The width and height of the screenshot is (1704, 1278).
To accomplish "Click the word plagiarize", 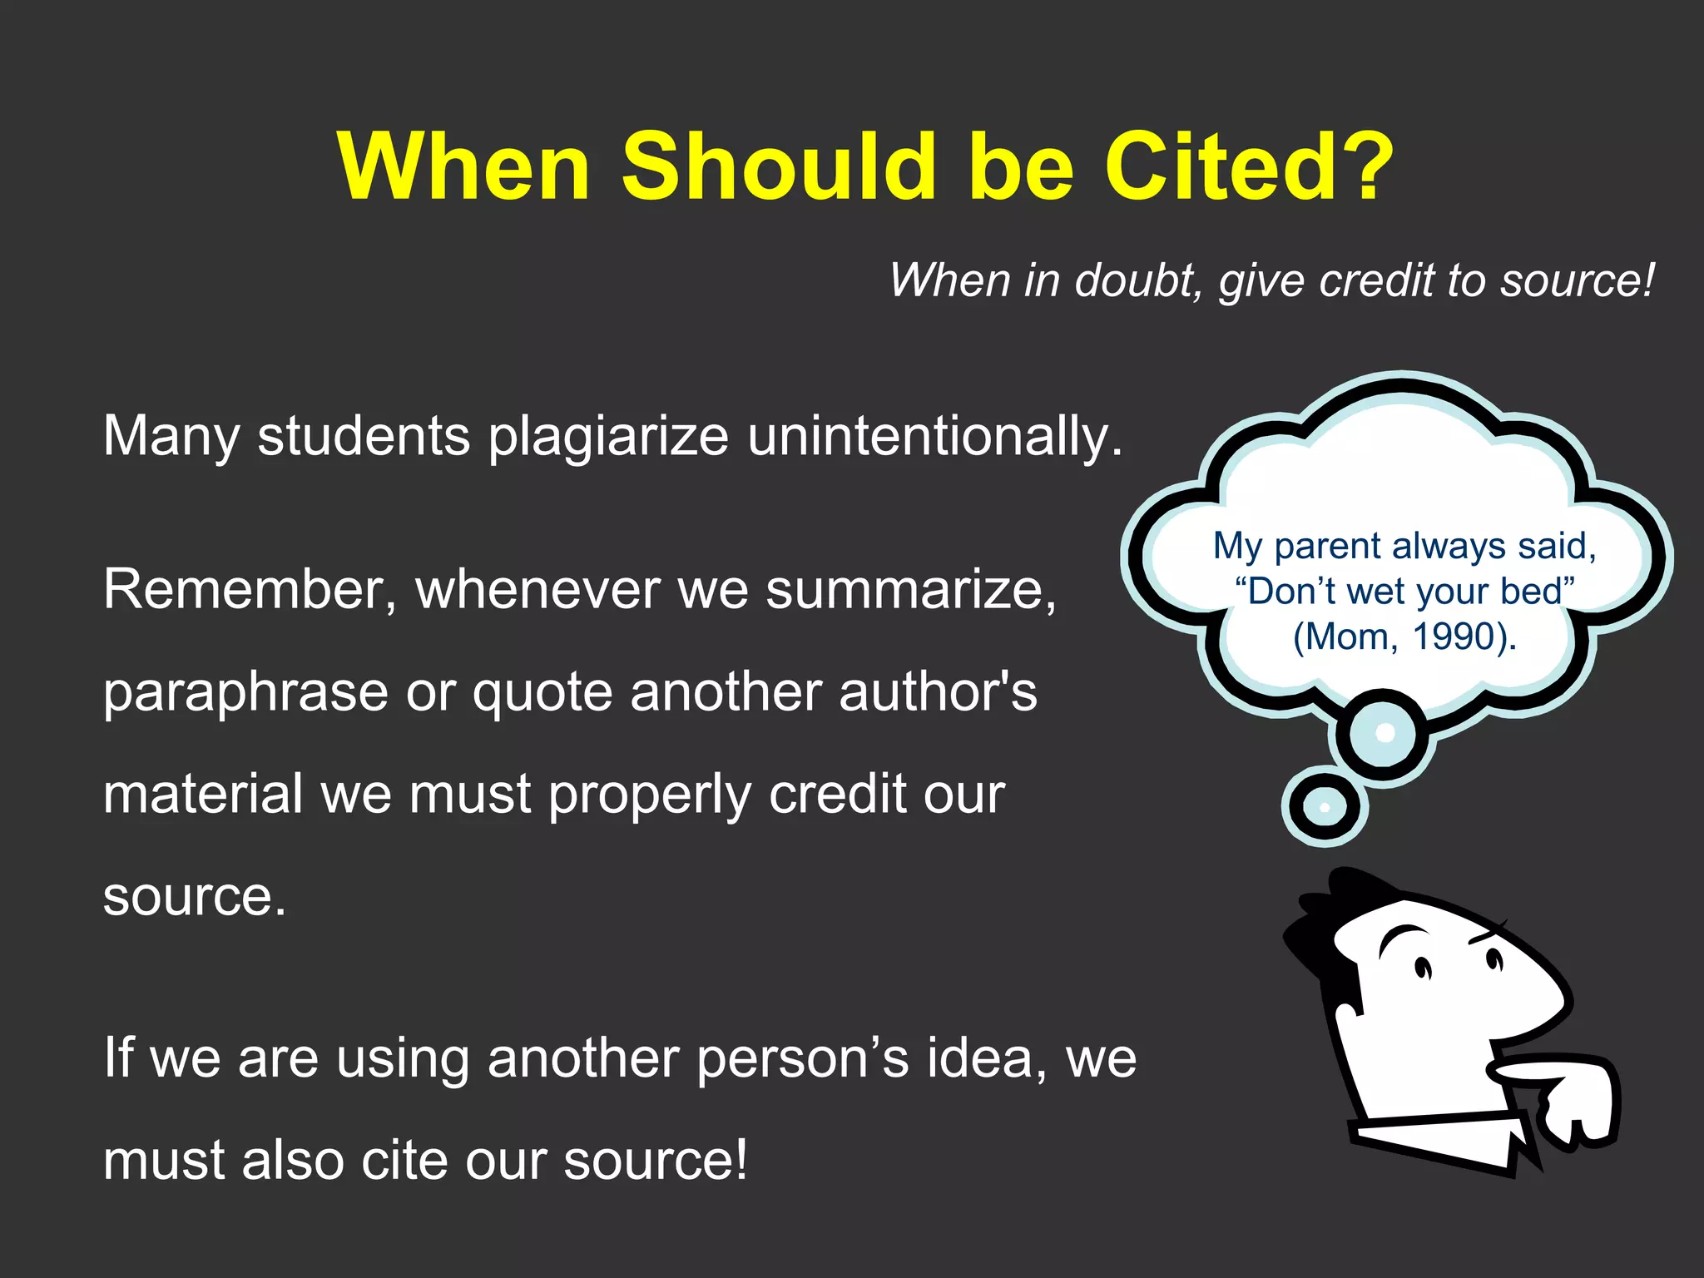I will click(608, 437).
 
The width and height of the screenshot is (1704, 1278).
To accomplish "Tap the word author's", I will click(938, 692).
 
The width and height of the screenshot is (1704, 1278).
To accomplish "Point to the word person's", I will click(803, 1060).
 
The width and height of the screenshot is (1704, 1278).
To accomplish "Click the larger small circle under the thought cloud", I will click(1383, 733).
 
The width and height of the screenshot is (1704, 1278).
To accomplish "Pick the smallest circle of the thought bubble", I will click(1325, 806).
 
